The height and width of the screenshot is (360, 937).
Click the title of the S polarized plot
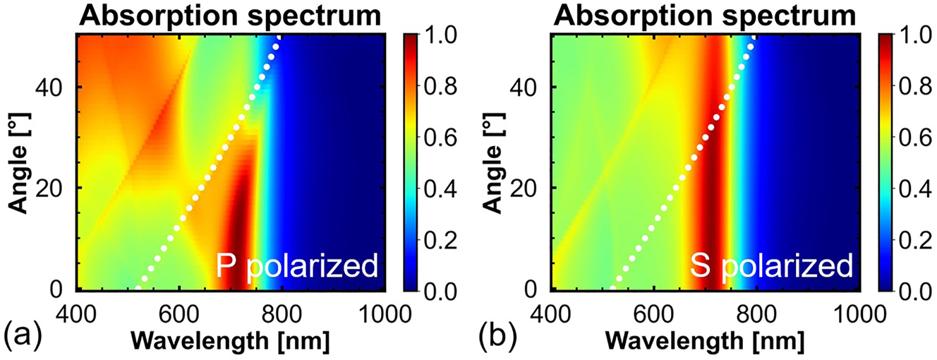[705, 14]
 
